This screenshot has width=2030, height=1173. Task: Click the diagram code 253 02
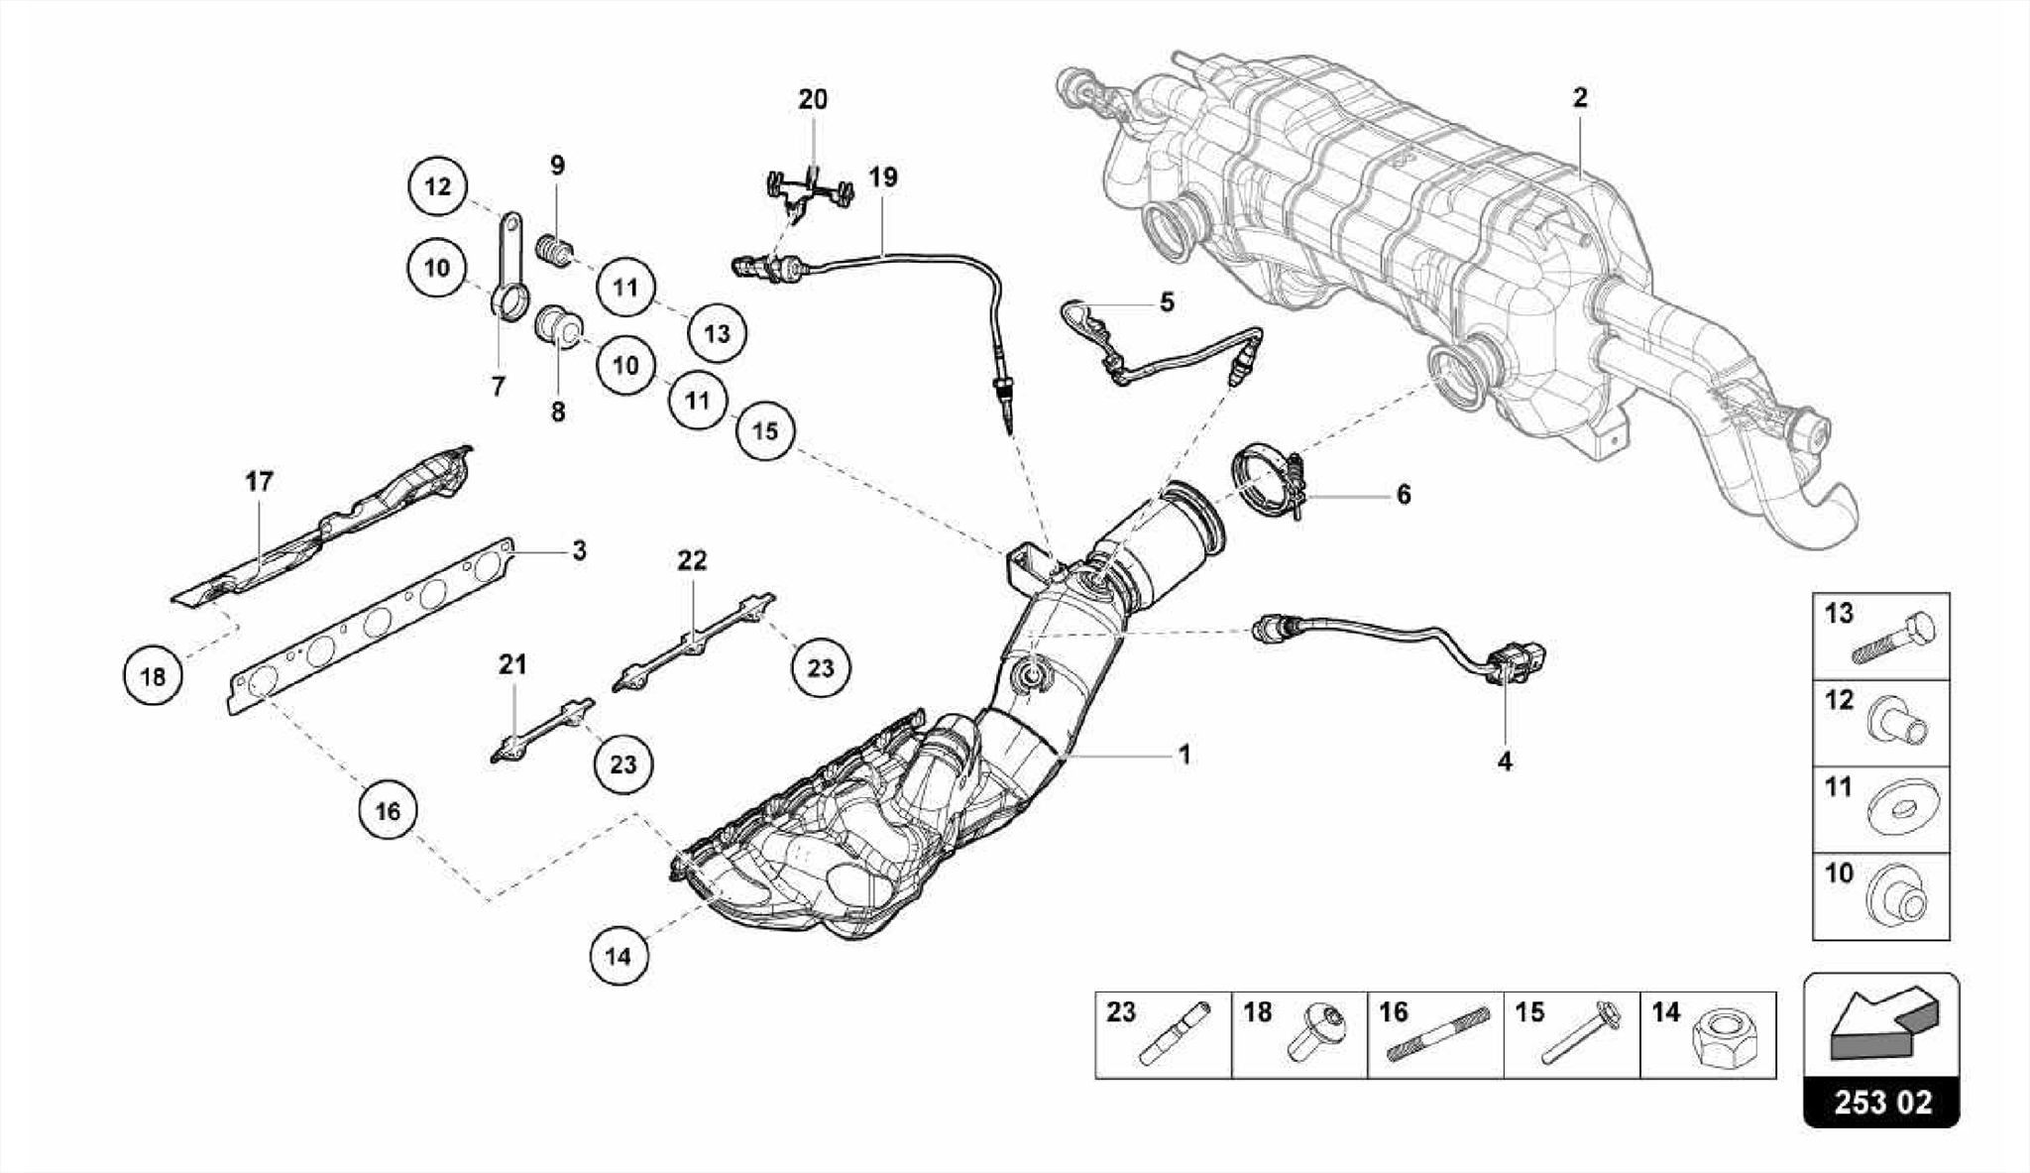coord(1881,1103)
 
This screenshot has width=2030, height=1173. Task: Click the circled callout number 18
coord(153,677)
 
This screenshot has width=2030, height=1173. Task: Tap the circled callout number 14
coord(618,956)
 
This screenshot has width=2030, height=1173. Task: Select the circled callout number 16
coord(388,811)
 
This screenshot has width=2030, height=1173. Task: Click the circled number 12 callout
coord(437,186)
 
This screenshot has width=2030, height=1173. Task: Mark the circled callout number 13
coord(718,333)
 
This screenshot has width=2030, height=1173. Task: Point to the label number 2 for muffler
coord(1580,97)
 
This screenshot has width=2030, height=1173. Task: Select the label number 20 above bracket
coord(813,99)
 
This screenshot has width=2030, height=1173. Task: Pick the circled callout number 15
coord(765,431)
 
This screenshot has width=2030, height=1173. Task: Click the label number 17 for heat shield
coord(259,482)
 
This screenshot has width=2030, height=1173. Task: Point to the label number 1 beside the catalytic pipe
coord(1184,755)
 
